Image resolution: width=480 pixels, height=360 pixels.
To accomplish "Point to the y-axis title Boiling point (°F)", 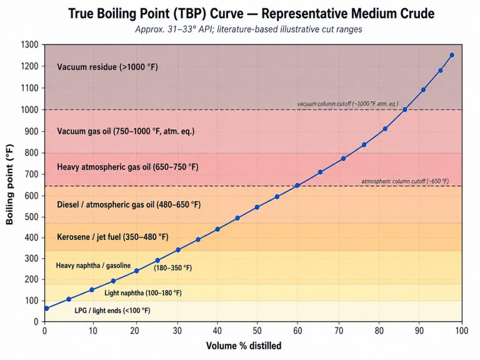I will pos(11,183).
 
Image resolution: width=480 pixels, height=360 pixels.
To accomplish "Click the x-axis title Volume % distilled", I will pos(253,345).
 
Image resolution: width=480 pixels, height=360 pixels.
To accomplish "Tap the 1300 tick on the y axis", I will pos(30,44).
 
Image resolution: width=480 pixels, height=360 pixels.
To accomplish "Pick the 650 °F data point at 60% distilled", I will pos(297,186).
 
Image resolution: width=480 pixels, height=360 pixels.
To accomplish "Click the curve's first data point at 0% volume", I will pos(46,308).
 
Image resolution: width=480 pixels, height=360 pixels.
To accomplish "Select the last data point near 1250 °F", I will pos(452,55).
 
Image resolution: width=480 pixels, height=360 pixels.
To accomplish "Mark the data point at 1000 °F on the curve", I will pos(405,110).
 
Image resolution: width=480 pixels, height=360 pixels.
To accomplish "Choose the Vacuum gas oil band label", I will pos(126,131).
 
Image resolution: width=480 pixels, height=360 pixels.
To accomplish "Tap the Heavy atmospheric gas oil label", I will pos(127,167).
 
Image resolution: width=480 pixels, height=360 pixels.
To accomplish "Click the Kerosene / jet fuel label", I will pos(112,237).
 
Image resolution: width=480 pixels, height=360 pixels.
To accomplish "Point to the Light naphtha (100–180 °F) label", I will pos(143,292).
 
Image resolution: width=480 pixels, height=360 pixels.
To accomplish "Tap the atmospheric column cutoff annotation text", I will pos(405,181).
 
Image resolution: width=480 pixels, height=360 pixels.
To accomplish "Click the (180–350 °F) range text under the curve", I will pos(173,267).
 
